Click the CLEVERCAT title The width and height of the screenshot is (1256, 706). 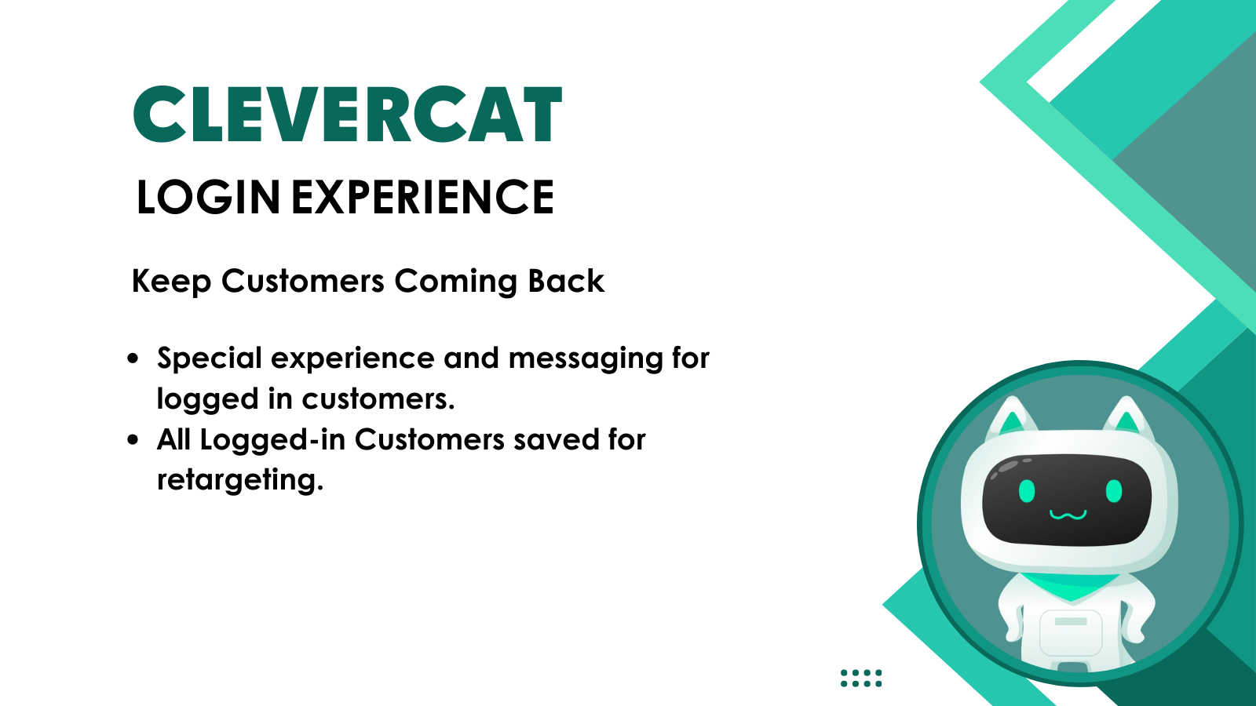pyautogui.click(x=348, y=115)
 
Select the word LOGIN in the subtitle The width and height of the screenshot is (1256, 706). pyautogui.click(x=208, y=197)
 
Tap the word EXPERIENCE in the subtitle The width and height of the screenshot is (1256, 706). pyautogui.click(x=423, y=197)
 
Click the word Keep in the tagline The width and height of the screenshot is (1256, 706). pyautogui.click(x=171, y=282)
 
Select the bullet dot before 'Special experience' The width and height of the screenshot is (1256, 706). pyautogui.click(x=133, y=358)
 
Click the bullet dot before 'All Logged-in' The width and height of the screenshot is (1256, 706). pyautogui.click(x=133, y=440)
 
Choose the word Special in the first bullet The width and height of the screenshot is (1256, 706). pyautogui.click(x=209, y=358)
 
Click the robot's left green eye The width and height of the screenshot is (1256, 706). pyautogui.click(x=1027, y=491)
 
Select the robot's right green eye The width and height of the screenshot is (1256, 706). pyautogui.click(x=1114, y=491)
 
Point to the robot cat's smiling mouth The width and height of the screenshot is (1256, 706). pyautogui.click(x=1068, y=515)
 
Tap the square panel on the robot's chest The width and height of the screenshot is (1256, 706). pyautogui.click(x=1071, y=633)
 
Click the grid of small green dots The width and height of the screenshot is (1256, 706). pyautogui.click(x=861, y=678)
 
